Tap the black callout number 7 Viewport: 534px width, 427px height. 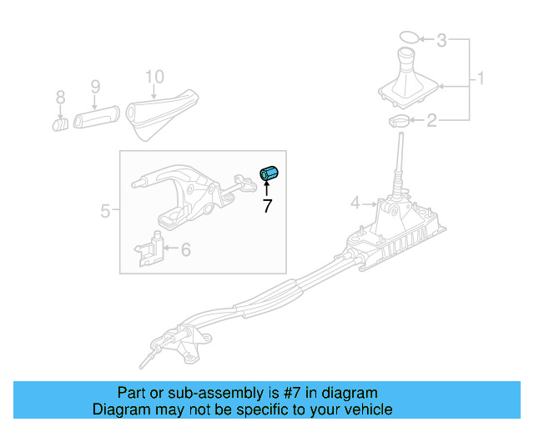[x=267, y=206]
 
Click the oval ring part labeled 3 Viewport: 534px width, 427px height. [x=408, y=38]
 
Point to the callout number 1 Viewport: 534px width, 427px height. [x=481, y=80]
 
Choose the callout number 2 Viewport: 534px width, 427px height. [x=431, y=122]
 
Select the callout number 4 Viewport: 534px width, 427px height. [x=355, y=202]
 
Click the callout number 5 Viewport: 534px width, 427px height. [x=105, y=211]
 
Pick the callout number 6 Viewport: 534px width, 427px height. [x=185, y=249]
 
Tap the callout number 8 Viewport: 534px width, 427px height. [x=60, y=98]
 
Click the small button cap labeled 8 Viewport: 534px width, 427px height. [x=61, y=124]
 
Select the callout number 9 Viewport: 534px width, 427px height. [x=94, y=86]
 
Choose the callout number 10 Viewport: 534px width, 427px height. [x=154, y=77]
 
